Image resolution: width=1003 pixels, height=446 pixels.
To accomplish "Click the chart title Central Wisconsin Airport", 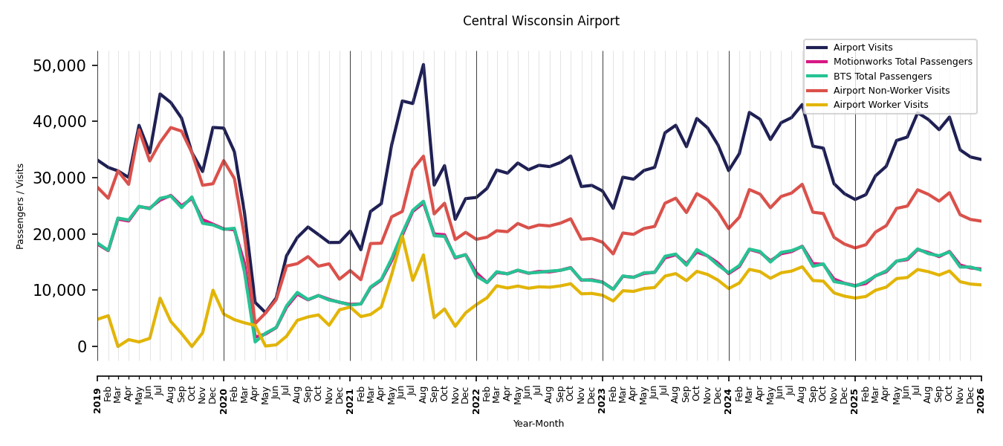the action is [x=541, y=21].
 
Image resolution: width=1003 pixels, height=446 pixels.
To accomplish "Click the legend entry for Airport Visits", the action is [x=863, y=48].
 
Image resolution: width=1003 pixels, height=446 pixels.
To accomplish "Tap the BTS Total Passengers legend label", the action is [x=882, y=76].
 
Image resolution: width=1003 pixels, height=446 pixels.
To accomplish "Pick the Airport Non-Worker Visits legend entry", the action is [x=891, y=91].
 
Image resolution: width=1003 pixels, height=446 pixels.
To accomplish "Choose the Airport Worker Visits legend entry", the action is [x=880, y=105].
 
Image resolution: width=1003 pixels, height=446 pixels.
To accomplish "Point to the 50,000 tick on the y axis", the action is [x=59, y=66].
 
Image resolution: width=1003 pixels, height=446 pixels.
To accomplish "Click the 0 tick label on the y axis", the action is [x=82, y=346].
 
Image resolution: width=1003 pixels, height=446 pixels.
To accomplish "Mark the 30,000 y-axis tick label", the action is [x=59, y=178].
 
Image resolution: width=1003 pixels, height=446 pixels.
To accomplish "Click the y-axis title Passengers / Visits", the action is [x=20, y=207].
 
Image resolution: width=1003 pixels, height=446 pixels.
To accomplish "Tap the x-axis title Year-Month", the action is [x=538, y=424].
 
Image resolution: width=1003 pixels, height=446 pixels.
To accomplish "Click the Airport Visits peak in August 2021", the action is [x=423, y=65].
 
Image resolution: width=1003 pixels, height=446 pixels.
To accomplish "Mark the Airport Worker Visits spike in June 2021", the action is [x=402, y=236].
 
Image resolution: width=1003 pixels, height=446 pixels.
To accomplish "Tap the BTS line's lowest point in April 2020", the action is [x=256, y=342].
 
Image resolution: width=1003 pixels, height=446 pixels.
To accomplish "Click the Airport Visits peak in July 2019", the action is [x=160, y=94].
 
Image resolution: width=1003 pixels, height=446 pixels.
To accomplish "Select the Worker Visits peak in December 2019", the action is [x=212, y=290].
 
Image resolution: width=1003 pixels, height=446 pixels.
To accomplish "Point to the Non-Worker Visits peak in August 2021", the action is [x=423, y=156].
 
